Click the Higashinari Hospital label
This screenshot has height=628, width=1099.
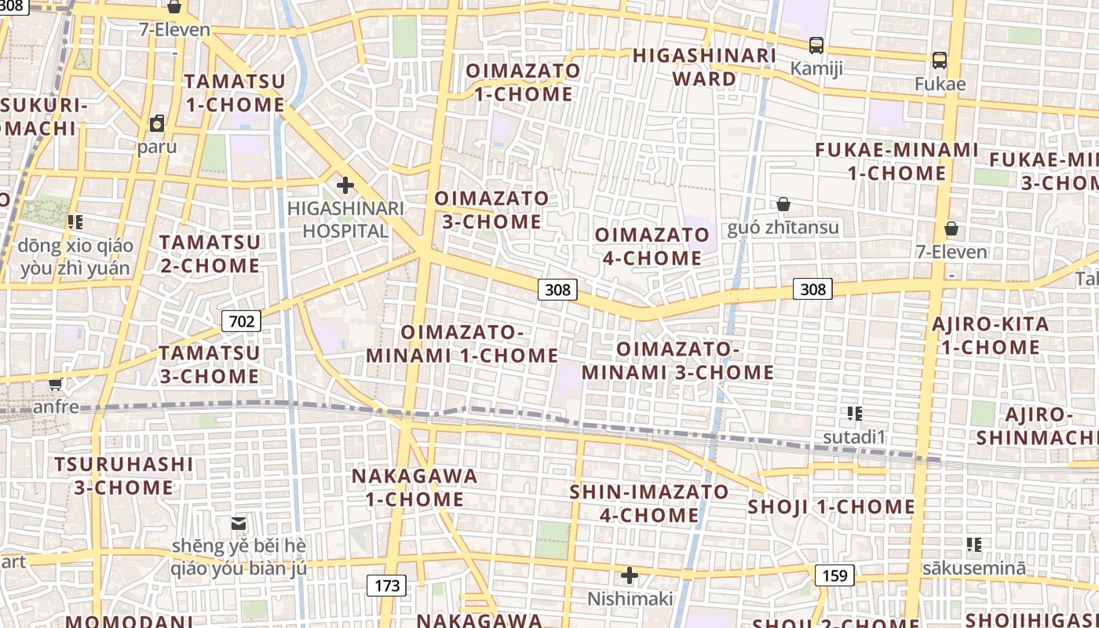pyautogui.click(x=346, y=219)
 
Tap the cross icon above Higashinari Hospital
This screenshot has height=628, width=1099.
pyautogui.click(x=345, y=186)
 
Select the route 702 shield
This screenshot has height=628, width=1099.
pyautogui.click(x=242, y=320)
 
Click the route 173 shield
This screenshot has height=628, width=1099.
pyautogui.click(x=387, y=585)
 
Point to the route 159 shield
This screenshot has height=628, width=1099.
pyautogui.click(x=834, y=575)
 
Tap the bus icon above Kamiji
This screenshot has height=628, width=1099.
pyautogui.click(x=816, y=46)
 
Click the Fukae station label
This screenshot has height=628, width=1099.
pyautogui.click(x=940, y=83)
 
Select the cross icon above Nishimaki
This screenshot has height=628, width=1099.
pyautogui.click(x=629, y=576)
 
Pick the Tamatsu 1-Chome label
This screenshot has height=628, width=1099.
pyautogui.click(x=235, y=93)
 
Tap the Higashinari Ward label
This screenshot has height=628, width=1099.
pyautogui.click(x=704, y=67)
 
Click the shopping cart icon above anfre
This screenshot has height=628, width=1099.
pyautogui.click(x=55, y=385)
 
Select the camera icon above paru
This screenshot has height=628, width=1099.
pyautogui.click(x=157, y=123)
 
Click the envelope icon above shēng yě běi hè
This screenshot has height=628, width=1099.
pyautogui.click(x=239, y=523)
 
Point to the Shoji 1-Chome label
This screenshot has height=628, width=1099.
pyautogui.click(x=831, y=506)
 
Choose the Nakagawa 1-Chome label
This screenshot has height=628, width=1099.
pyautogui.click(x=414, y=487)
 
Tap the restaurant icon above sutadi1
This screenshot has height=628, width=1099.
pyautogui.click(x=855, y=413)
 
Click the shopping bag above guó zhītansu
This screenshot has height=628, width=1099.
pyautogui.click(x=783, y=204)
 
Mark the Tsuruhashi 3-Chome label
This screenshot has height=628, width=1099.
pyautogui.click(x=124, y=475)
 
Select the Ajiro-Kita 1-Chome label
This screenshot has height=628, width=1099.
pyautogui.click(x=990, y=335)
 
